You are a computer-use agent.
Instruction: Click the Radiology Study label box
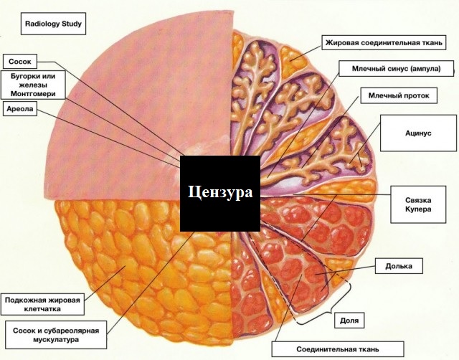53,24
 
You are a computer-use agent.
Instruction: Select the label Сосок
20,62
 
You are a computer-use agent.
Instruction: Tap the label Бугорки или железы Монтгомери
33,85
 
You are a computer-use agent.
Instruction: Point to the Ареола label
20,109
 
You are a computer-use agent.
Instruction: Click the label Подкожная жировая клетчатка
42,304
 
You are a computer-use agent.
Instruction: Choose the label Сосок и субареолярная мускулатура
56,335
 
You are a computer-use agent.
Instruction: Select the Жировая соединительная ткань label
384,43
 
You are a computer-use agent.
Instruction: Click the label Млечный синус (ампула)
396,69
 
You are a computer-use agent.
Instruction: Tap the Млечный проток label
399,95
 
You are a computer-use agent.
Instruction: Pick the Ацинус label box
418,133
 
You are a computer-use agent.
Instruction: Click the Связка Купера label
418,204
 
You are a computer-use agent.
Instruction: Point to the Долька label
399,266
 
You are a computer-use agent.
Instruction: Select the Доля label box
349,320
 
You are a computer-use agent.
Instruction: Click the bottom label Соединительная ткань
338,349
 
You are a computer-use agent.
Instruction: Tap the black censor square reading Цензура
220,194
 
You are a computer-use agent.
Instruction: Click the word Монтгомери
33,94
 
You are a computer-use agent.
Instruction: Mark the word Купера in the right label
418,209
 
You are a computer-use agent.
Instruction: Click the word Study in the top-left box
72,24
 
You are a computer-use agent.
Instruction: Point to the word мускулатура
56,340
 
